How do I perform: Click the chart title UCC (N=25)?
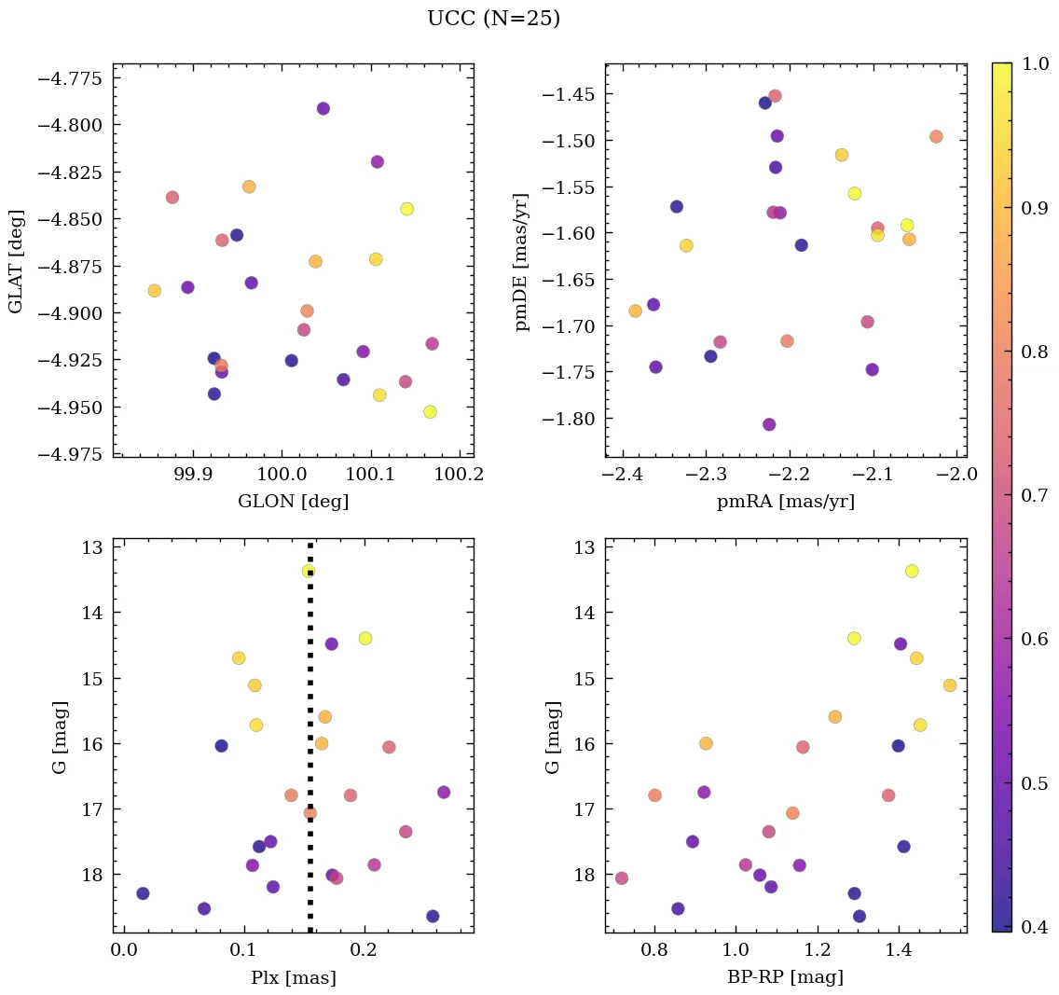[x=493, y=19]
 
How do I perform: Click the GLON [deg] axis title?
[x=293, y=502]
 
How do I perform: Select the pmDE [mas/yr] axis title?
[x=522, y=261]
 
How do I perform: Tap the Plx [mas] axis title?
[x=293, y=978]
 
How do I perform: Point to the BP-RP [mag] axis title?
[x=785, y=978]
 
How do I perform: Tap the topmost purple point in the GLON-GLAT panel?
[x=323, y=109]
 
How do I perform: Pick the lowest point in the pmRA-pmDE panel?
[x=769, y=424]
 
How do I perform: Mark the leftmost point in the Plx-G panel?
[x=143, y=893]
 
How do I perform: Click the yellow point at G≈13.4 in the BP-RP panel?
[x=912, y=571]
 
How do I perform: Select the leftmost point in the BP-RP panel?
[x=622, y=878]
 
